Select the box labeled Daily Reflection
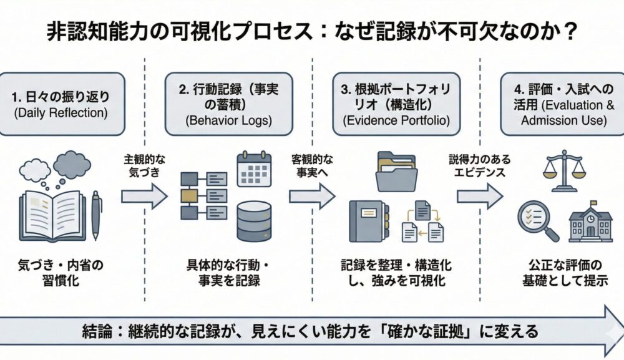pos(62,104)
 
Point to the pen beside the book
pos(96,215)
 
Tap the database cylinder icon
pos(254,220)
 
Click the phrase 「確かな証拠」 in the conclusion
pos(439,330)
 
